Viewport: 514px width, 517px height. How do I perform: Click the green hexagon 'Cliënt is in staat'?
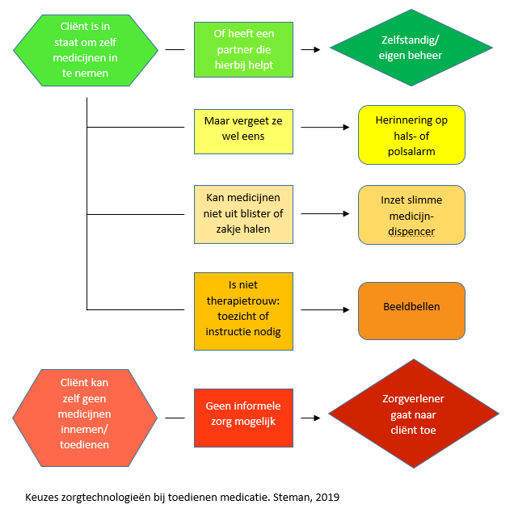pos(86,50)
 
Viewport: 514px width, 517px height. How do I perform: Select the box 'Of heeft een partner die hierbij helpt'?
pos(243,49)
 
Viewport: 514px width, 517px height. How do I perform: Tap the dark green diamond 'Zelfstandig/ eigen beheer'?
pos(411,48)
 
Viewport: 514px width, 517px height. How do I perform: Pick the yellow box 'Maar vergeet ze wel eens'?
pos(243,132)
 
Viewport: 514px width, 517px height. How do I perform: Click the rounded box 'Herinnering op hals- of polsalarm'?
pos(411,135)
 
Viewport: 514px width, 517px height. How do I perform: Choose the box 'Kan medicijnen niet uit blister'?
pos(243,214)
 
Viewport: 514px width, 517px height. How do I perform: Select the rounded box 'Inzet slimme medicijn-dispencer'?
pos(411,215)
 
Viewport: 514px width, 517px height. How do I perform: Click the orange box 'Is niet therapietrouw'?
pos(243,311)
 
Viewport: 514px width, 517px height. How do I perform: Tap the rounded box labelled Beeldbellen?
pos(411,311)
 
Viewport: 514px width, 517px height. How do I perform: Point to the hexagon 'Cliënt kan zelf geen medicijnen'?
pos(85,418)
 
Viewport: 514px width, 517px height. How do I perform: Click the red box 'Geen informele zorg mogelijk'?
pos(243,418)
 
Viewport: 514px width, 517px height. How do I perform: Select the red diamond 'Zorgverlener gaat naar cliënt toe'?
pos(414,414)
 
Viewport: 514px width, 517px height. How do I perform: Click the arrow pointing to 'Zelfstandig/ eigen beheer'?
pos(310,49)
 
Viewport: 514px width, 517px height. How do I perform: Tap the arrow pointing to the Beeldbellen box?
pos(325,309)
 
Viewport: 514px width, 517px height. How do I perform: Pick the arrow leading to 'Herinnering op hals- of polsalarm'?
pos(325,127)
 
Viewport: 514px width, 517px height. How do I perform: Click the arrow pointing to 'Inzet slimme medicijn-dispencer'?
pos(325,213)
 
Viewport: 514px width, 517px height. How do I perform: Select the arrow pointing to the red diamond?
pos(310,418)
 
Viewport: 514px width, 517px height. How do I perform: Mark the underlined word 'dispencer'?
pos(411,232)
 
